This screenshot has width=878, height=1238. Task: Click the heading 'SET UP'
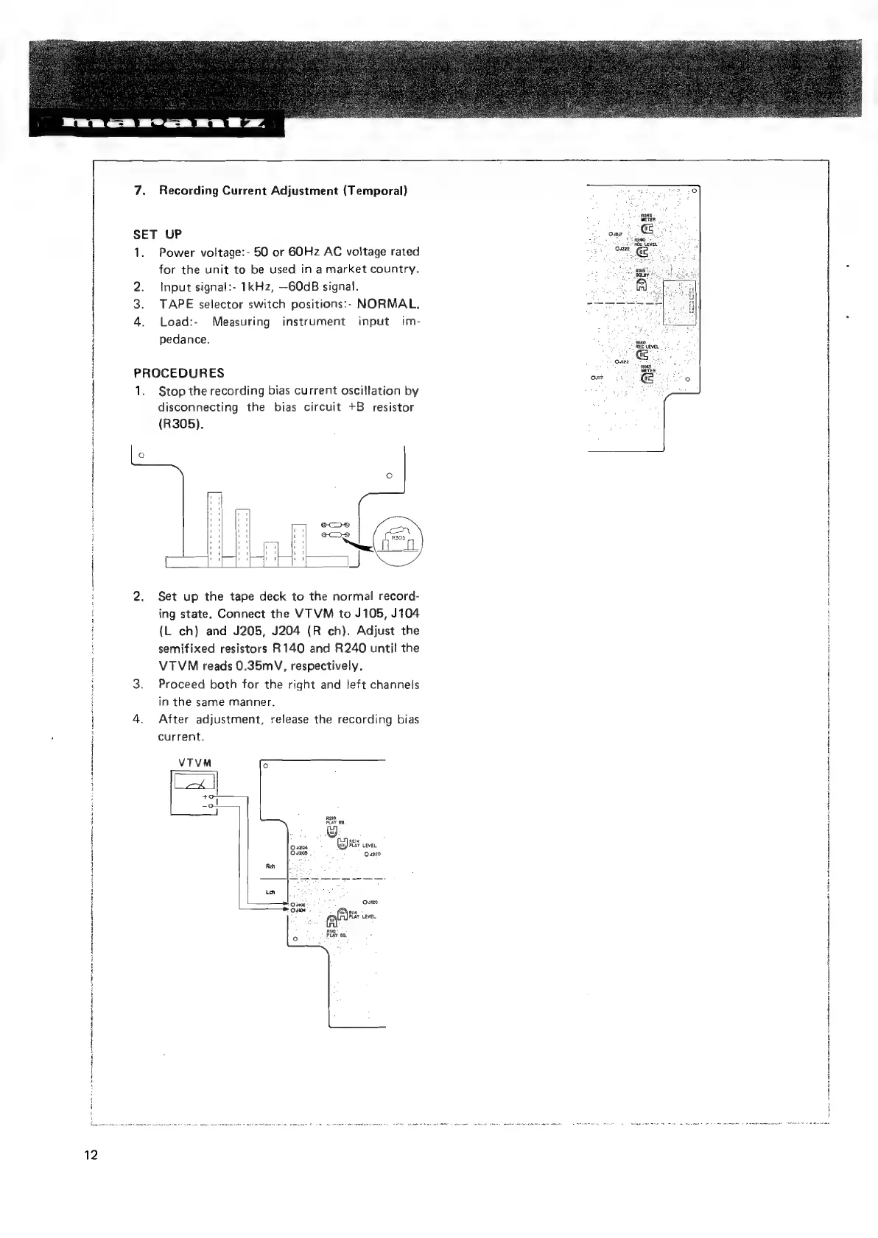[x=157, y=235]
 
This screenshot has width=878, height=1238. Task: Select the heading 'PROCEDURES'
[x=179, y=372]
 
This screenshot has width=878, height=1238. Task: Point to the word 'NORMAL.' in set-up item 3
[x=388, y=304]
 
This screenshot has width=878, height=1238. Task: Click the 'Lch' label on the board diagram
[x=270, y=894]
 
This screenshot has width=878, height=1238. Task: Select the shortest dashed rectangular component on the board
[x=271, y=553]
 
